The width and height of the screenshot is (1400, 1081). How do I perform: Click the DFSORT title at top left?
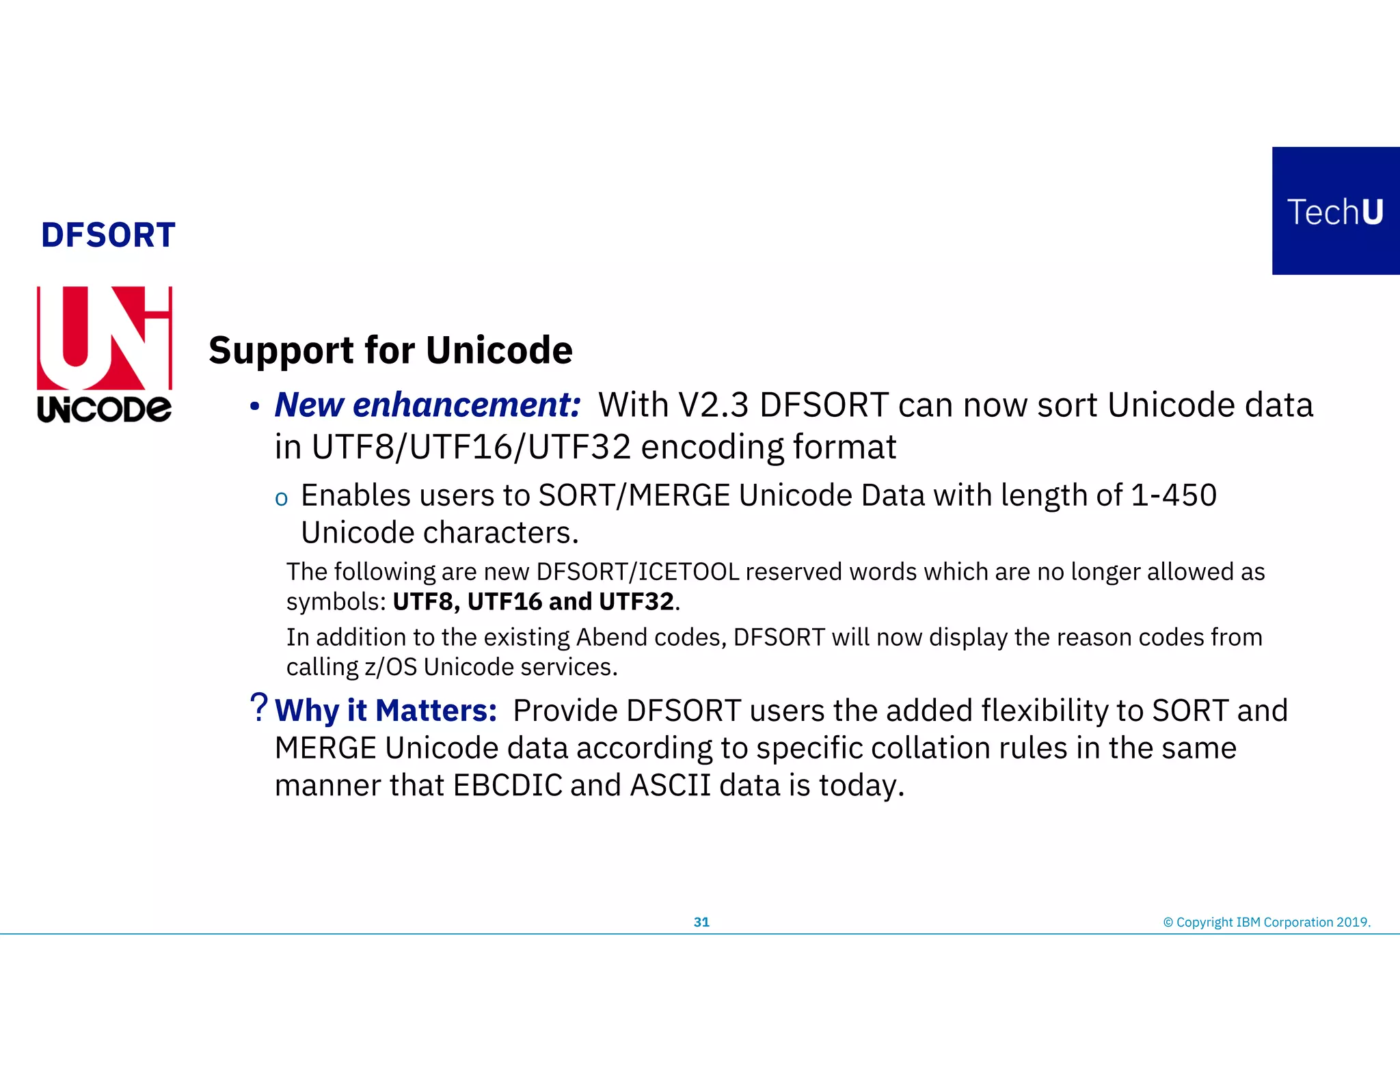108,235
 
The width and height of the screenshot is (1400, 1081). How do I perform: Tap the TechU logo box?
1335,211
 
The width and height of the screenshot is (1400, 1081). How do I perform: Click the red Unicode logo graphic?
104,338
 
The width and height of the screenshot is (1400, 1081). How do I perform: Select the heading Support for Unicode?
390,351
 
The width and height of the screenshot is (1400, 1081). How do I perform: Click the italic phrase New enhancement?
427,405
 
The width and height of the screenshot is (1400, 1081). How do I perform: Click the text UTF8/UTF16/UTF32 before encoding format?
471,448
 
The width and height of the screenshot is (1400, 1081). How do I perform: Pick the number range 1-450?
1173,495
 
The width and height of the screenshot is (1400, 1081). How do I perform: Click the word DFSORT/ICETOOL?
637,571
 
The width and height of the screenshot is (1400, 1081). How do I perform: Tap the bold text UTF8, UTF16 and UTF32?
533,601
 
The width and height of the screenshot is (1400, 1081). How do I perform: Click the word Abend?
611,637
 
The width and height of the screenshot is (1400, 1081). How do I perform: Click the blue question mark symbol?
258,707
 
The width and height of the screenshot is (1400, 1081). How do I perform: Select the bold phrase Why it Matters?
386,711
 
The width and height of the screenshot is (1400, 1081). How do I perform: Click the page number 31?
701,922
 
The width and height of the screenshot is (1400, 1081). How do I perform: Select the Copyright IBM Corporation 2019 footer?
1266,922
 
